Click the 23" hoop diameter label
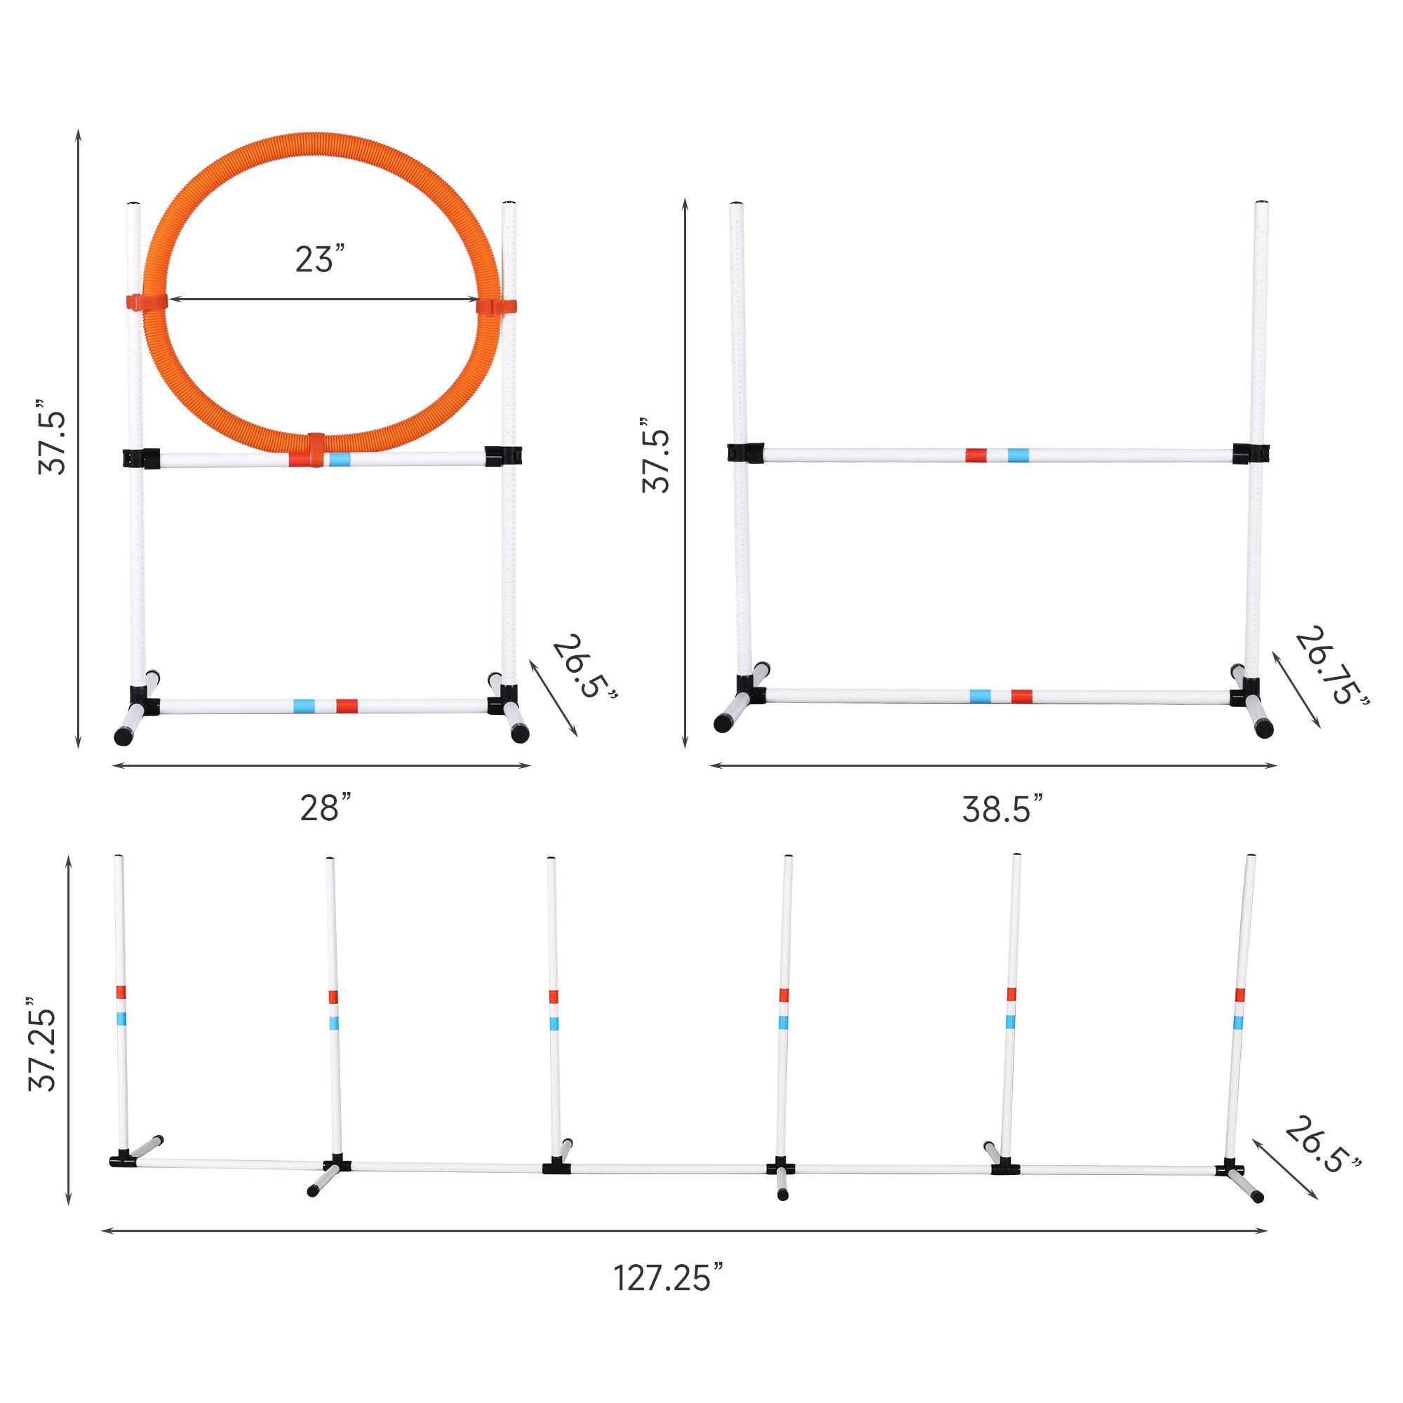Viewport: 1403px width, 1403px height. coord(319,259)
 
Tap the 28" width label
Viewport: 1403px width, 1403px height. coord(325,807)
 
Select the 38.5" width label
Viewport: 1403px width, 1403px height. coord(1002,809)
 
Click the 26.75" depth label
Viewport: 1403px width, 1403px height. coord(1332,666)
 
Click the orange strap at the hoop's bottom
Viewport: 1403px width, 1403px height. coord(316,450)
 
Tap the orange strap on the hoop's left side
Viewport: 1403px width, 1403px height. coord(147,302)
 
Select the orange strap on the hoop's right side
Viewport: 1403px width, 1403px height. coord(497,307)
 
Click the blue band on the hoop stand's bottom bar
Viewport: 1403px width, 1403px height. coord(304,706)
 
